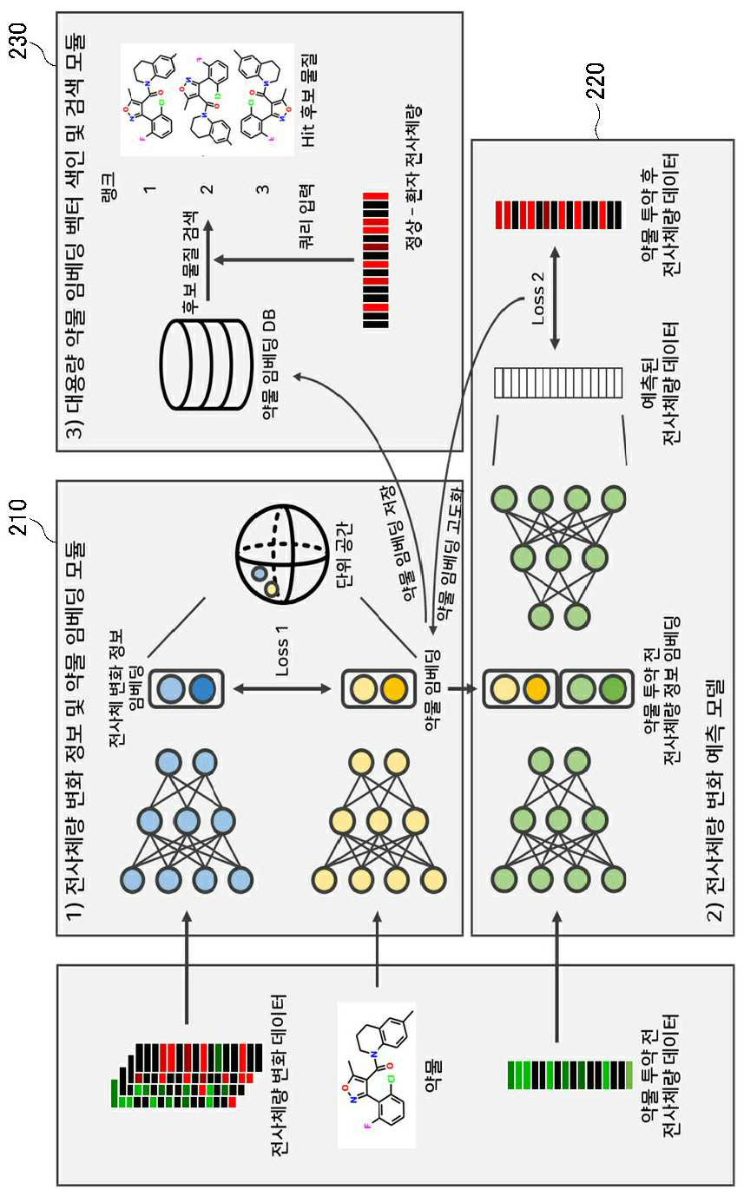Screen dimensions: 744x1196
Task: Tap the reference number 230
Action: pos(18,42)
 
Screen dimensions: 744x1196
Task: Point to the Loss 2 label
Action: pos(538,299)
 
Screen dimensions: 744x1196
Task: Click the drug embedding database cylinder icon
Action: pos(206,365)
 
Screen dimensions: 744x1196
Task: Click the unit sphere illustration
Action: pos(282,555)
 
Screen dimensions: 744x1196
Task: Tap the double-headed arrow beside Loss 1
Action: pos(282,689)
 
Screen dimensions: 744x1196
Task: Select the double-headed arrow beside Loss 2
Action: pos(555,299)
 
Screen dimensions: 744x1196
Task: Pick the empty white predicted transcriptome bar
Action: pos(558,383)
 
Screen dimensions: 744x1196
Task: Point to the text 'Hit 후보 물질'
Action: pos(309,101)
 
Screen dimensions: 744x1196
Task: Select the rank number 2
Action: pos(207,189)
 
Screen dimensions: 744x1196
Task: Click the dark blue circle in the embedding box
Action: pos(202,689)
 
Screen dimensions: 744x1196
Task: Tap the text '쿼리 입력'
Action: pos(306,217)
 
